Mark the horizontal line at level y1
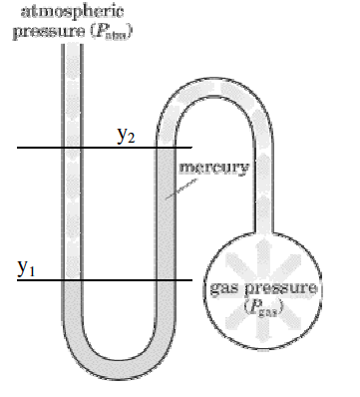(x=40, y=280)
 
